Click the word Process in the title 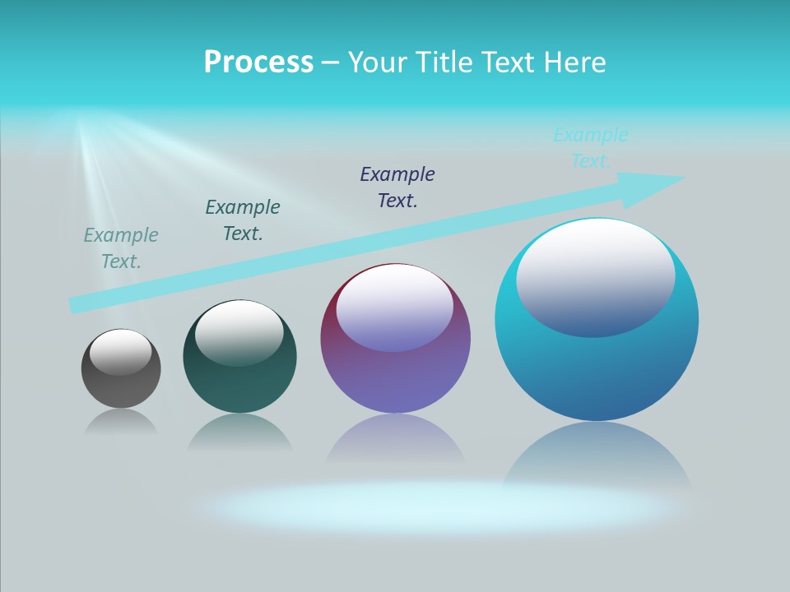click(258, 62)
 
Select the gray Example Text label click(121, 248)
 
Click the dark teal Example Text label click(243, 220)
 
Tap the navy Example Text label click(397, 187)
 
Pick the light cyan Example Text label click(591, 148)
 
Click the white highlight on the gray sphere click(121, 351)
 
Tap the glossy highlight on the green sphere click(239, 332)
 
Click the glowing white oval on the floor click(436, 506)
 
